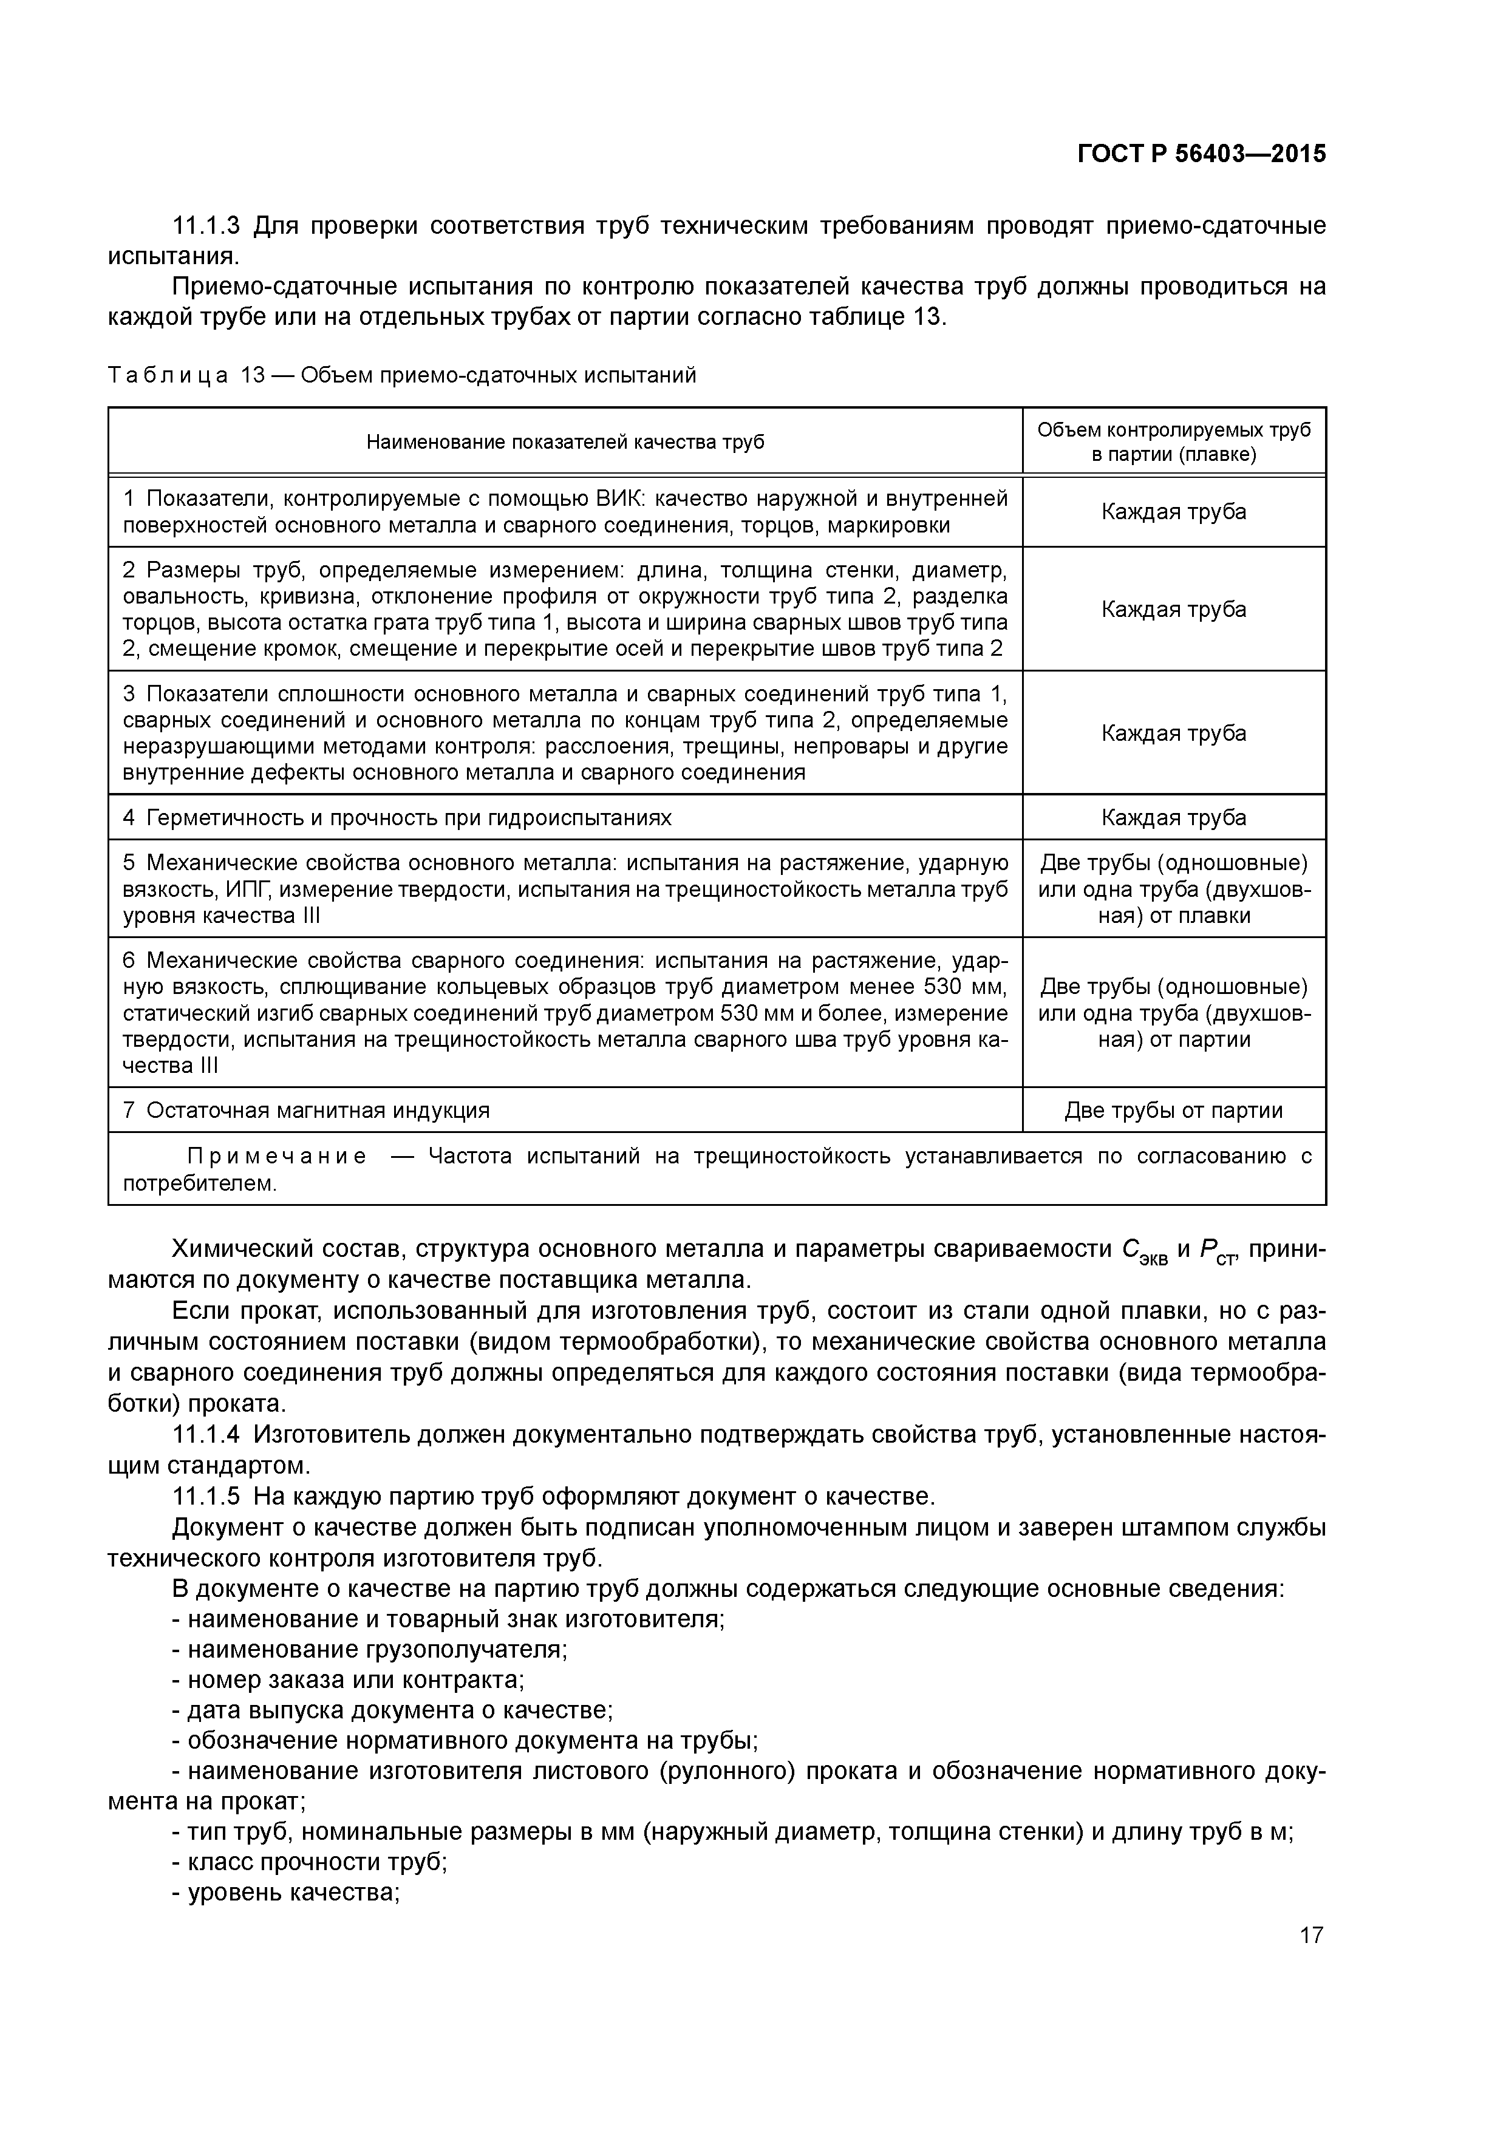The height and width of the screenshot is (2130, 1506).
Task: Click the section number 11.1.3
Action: [x=206, y=225]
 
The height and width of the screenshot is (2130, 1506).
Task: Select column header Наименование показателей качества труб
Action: [x=565, y=441]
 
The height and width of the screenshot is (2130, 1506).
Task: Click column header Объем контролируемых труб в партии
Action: [x=1174, y=441]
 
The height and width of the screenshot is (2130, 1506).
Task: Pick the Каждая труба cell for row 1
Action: [x=1174, y=512]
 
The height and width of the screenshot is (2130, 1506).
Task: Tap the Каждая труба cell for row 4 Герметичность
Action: [x=1174, y=817]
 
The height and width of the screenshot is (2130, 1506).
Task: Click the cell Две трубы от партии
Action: [x=1174, y=1111]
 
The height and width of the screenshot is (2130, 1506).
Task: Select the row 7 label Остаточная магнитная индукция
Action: [x=318, y=1111]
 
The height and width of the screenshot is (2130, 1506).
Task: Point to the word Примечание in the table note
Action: [x=276, y=1157]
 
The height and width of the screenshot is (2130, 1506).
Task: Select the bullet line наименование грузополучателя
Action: [x=376, y=1650]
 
